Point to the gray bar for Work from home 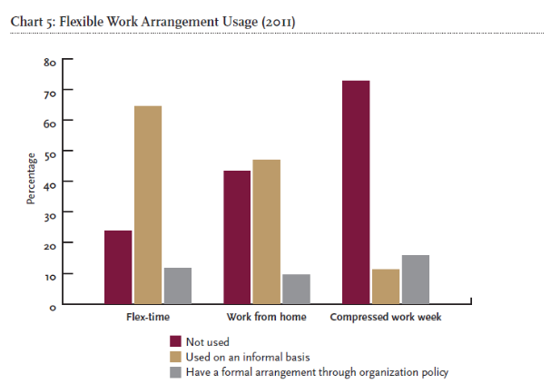click(296, 288)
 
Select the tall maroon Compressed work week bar click(356, 192)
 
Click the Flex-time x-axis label click(148, 317)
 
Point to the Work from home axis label click(266, 317)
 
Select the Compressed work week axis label click(386, 317)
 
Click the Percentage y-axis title click(29, 182)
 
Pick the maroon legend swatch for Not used click(176, 341)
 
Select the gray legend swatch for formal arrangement click(176, 370)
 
